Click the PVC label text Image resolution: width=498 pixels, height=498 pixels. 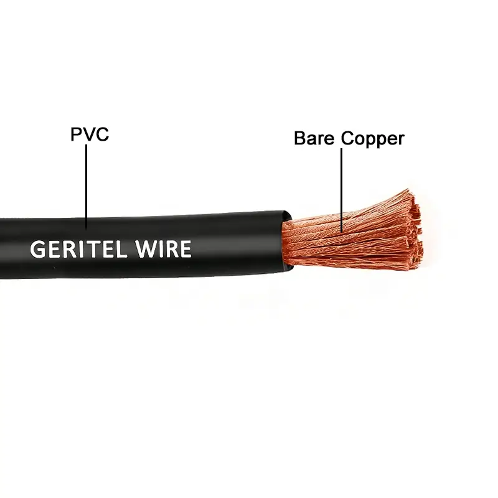pos(89,134)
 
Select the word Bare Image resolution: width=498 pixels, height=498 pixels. pos(315,138)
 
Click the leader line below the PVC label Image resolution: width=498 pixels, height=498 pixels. pos(87,187)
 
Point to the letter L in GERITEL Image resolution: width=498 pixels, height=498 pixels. pos(126,249)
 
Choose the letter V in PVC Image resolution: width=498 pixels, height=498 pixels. pos(88,134)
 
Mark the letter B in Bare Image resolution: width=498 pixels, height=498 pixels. pos(300,138)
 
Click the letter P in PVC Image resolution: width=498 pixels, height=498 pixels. pos(76,134)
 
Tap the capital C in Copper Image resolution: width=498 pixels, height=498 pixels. pos(348,138)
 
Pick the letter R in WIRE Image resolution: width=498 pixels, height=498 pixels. pos(171,249)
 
